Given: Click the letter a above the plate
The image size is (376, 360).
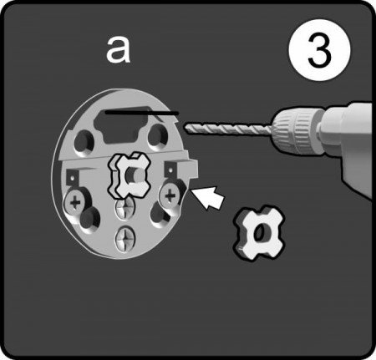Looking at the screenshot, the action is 118,51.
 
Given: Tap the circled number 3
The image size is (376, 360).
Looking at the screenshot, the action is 319,50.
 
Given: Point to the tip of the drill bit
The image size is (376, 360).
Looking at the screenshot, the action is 185,128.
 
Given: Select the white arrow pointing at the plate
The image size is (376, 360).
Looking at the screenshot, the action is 210,197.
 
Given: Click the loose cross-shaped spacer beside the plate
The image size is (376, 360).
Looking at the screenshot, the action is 258,233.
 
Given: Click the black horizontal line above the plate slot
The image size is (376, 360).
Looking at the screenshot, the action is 142,113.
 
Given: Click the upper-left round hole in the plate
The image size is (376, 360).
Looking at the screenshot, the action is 84,141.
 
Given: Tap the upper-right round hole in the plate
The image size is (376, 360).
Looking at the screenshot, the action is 158,135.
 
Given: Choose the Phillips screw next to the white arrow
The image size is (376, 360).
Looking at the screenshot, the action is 170,195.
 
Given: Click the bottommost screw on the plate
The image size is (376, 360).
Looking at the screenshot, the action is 125,239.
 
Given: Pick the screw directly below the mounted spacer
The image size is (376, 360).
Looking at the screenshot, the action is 125,207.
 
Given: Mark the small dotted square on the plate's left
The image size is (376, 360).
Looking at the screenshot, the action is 72,177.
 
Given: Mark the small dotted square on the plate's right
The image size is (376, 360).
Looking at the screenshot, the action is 170,170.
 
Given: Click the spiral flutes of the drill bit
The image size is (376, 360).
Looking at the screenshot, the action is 228,129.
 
